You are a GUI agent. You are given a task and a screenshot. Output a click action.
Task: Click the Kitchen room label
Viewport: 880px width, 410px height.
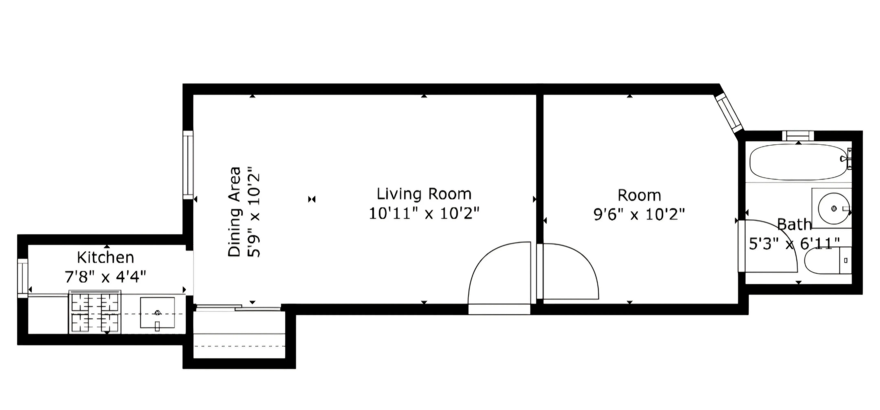tap(106, 258)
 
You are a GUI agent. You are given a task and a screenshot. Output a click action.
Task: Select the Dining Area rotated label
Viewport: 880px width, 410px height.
tap(234, 212)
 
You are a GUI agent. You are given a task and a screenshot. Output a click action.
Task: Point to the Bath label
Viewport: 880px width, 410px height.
tap(794, 225)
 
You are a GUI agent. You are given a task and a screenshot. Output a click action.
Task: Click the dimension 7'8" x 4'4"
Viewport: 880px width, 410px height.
tap(106, 277)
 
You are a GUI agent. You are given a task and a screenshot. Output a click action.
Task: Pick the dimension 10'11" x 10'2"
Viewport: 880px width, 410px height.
tap(424, 214)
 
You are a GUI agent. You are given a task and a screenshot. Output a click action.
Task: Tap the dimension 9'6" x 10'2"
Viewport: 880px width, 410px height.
tap(639, 215)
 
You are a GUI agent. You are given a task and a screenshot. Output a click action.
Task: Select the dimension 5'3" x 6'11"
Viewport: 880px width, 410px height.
tap(794, 244)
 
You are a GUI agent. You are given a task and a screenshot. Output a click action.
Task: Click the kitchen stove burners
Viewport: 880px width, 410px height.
tap(95, 312)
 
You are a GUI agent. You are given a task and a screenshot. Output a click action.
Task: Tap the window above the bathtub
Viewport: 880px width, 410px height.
tap(798, 136)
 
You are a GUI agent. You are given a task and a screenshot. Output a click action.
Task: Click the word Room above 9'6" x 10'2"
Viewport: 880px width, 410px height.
tap(639, 195)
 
